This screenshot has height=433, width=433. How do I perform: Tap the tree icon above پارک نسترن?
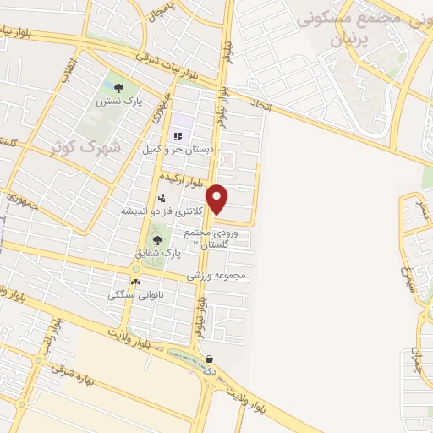click(x=117, y=88)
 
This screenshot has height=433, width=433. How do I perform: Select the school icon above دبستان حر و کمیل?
click(x=178, y=136)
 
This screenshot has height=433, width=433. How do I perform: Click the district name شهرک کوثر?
click(x=86, y=148)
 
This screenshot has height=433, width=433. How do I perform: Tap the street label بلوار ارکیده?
click(x=184, y=181)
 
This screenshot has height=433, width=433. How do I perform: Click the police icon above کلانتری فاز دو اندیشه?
click(x=160, y=198)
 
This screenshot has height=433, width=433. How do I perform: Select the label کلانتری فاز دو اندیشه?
click(x=162, y=211)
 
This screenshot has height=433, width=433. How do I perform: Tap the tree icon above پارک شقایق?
click(x=156, y=240)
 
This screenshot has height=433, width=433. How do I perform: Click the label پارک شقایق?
click(x=158, y=253)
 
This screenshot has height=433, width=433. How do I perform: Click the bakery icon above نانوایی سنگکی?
click(x=135, y=282)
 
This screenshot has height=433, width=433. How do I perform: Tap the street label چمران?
click(x=417, y=361)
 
